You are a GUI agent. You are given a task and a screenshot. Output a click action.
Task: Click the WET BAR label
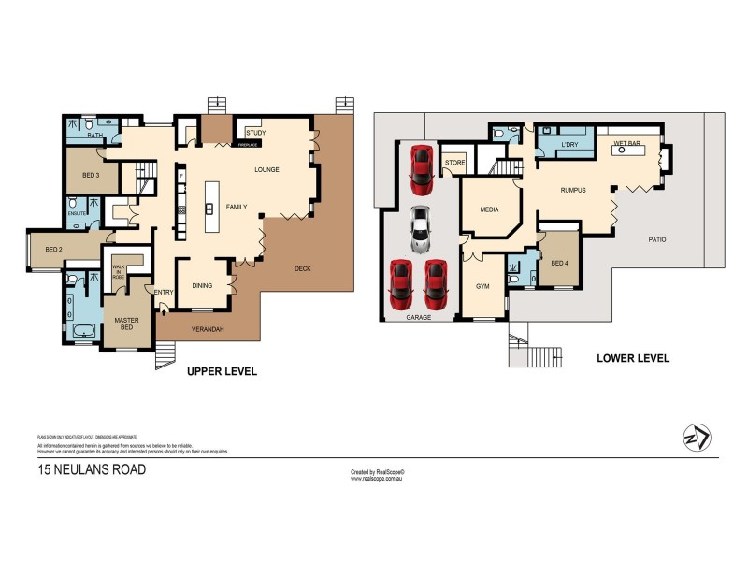(626, 143)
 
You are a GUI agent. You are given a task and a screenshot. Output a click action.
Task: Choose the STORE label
(454, 163)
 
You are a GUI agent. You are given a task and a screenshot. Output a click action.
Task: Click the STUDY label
(255, 133)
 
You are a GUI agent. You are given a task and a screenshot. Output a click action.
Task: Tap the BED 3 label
(91, 175)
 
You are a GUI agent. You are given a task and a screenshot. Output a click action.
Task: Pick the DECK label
(301, 268)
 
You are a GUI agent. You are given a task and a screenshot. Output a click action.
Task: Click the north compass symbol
(697, 437)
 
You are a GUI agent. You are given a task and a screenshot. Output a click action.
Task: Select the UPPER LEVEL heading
(222, 371)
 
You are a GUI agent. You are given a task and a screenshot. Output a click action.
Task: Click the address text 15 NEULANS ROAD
(92, 470)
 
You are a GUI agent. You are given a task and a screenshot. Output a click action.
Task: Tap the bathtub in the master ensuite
(84, 328)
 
